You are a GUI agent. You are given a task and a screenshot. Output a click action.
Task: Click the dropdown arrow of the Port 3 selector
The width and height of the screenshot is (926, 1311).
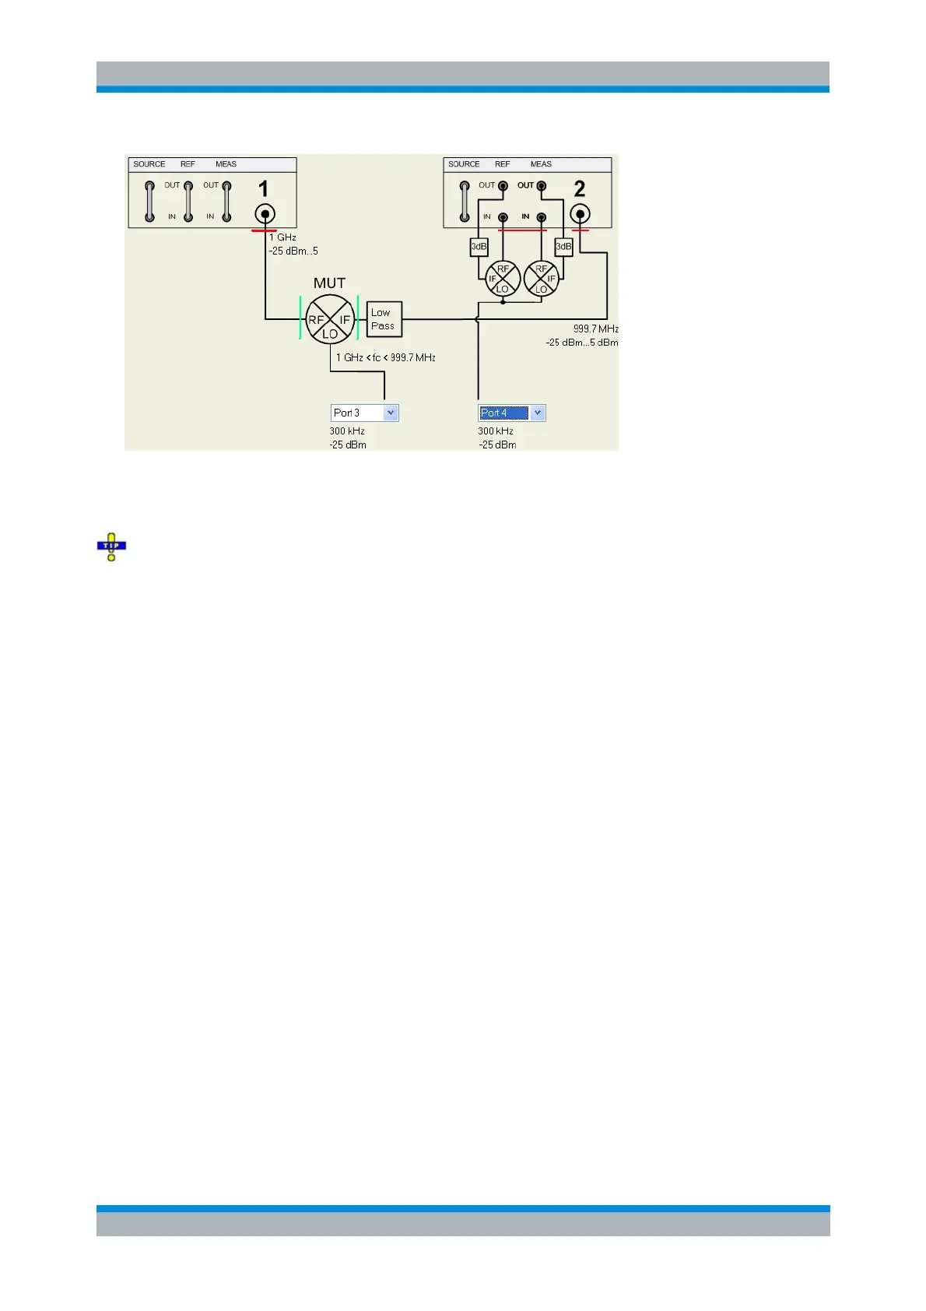(391, 413)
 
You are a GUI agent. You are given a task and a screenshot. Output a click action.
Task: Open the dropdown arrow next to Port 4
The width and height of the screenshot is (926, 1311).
(538, 413)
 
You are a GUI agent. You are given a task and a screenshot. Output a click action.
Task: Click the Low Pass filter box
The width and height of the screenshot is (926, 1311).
(384, 319)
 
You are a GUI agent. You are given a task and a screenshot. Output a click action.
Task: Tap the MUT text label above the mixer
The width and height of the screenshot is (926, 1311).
(329, 283)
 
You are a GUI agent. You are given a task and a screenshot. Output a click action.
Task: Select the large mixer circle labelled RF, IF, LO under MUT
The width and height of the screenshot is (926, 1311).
(330, 319)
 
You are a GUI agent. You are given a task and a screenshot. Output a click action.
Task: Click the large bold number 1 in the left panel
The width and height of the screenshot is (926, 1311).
(264, 189)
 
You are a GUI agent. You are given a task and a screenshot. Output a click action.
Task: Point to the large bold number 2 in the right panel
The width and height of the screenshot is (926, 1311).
(579, 189)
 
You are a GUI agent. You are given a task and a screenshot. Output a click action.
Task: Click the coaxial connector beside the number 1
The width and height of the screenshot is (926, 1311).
(265, 214)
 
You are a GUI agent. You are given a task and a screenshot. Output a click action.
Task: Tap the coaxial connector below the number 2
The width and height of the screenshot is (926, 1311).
(580, 214)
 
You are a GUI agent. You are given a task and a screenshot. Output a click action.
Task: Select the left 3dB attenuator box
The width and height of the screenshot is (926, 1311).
(479, 247)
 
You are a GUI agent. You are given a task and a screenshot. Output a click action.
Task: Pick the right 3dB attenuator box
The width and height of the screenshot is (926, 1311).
(563, 247)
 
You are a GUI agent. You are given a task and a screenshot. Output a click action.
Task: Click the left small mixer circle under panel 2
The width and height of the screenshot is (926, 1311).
(503, 279)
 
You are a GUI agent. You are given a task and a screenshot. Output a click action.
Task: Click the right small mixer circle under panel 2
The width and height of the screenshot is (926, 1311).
(542, 279)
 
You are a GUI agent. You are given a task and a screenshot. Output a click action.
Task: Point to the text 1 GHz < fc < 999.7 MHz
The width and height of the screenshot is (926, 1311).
(386, 358)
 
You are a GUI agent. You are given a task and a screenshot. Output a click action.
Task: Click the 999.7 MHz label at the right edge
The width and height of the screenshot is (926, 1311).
(595, 329)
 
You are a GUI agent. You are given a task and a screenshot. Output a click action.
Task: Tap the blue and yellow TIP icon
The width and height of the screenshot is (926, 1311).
(111, 547)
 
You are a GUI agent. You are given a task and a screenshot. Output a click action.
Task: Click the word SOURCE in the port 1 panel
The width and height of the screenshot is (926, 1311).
(149, 164)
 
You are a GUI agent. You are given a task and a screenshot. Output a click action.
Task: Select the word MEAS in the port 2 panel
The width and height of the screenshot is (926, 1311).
(541, 164)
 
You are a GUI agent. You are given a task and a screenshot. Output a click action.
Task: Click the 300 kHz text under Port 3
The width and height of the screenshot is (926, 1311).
(347, 431)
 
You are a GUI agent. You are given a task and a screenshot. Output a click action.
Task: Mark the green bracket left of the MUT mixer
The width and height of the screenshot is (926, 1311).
(300, 318)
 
